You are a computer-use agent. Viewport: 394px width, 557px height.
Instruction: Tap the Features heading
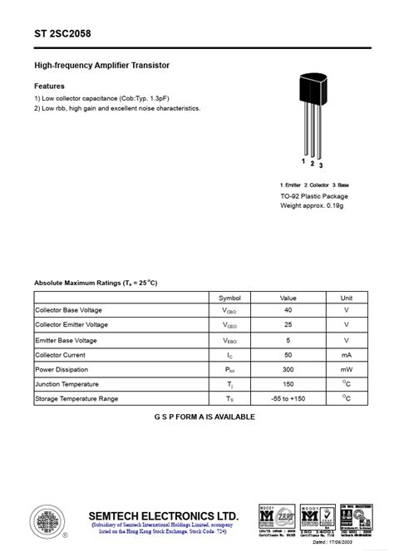coord(49,86)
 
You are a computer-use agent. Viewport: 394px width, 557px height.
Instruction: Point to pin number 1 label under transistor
coord(303,160)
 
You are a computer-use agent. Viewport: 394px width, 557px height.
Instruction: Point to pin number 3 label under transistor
coord(321,166)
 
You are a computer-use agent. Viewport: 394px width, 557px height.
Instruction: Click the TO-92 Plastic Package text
coord(314,196)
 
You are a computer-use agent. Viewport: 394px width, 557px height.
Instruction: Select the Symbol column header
coord(229,297)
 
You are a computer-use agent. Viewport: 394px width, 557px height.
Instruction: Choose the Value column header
coord(288,297)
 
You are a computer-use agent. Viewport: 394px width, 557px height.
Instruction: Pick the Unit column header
coord(347,297)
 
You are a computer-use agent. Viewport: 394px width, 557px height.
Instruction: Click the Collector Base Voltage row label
coord(71,309)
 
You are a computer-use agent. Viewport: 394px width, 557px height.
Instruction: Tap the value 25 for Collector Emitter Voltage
coord(288,324)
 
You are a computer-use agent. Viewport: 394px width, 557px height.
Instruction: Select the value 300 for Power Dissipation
coord(288,369)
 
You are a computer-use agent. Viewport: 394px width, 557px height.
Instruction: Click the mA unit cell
coord(347,354)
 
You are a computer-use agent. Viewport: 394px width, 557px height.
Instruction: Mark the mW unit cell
coord(347,369)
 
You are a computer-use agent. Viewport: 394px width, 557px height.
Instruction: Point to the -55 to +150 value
coord(288,399)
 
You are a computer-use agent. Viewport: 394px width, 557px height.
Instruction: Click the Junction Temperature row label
coord(66,384)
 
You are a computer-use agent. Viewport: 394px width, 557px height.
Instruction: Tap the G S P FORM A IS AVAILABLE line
coord(204,417)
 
